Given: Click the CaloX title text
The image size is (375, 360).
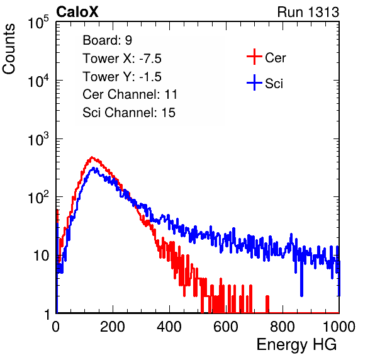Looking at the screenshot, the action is [77, 12].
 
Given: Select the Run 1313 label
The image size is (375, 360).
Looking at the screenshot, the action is [308, 12].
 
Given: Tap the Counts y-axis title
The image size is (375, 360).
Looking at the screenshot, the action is [9, 49].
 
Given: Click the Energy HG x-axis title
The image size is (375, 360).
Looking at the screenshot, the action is [296, 345].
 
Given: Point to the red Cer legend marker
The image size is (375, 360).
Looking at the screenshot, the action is [254, 57].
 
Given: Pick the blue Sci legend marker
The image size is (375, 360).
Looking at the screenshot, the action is [254, 82].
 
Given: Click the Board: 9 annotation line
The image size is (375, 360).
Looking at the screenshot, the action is [107, 40].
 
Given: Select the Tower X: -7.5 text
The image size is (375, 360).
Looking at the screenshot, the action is [122, 59].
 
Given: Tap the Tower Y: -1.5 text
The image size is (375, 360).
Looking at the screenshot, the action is [122, 77].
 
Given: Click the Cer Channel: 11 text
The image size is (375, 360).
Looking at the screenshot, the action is [130, 94].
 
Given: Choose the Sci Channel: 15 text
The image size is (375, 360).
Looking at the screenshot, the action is [129, 113].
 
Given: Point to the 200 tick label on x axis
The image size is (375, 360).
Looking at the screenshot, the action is [113, 327].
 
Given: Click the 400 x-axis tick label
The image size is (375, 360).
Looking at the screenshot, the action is [169, 327].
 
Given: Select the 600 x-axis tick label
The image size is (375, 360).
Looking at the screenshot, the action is [226, 327].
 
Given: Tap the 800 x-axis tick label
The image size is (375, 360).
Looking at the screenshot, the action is [283, 327].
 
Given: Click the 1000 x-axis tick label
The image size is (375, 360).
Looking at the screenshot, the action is [339, 327].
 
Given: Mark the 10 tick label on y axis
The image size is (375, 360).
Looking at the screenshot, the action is [41, 256].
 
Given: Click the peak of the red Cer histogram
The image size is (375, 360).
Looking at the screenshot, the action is [92, 157].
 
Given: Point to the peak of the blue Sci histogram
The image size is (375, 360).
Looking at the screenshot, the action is [94, 167].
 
